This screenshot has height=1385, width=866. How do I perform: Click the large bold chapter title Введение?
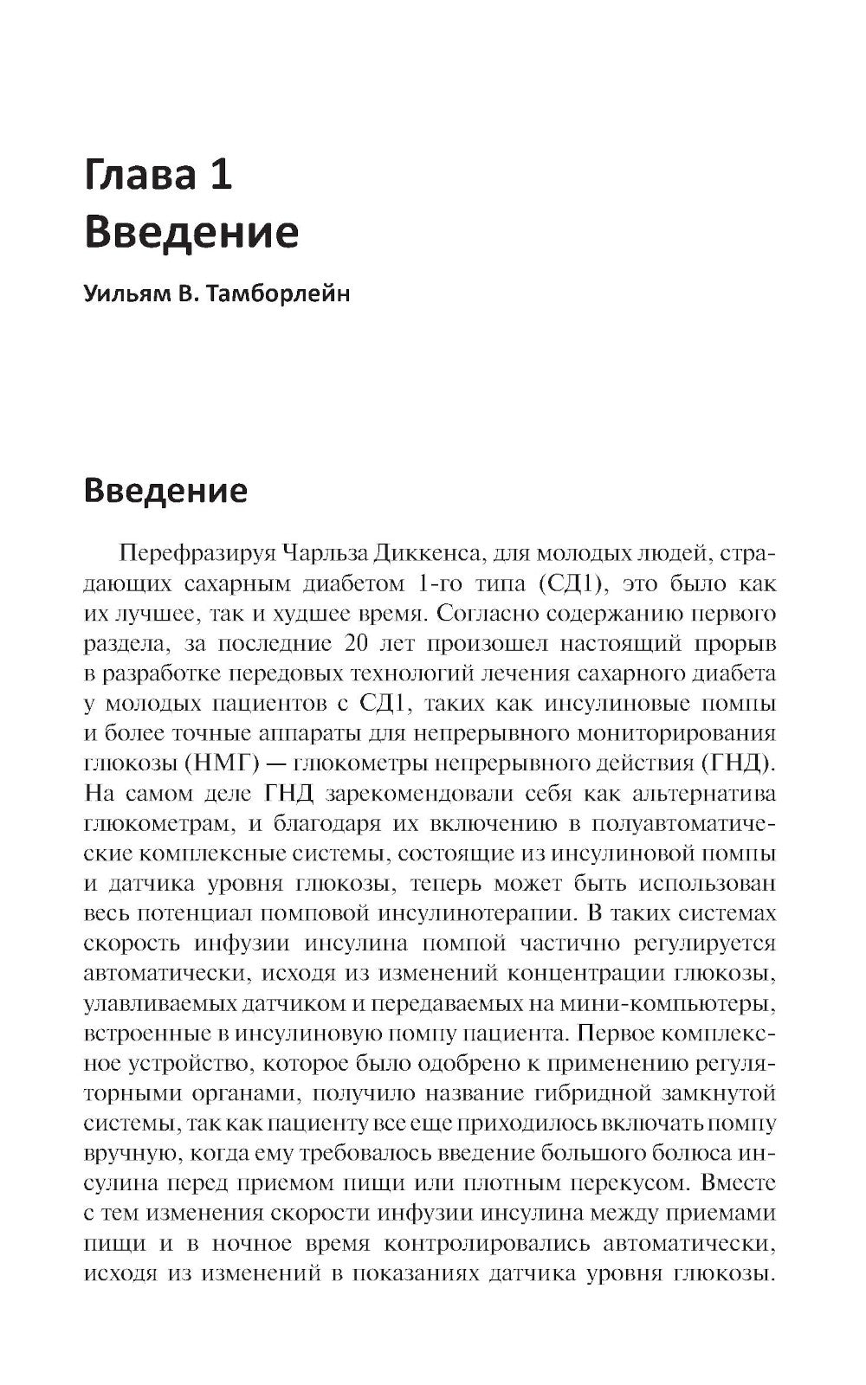[191, 233]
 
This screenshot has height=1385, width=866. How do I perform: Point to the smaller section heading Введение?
[165, 491]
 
